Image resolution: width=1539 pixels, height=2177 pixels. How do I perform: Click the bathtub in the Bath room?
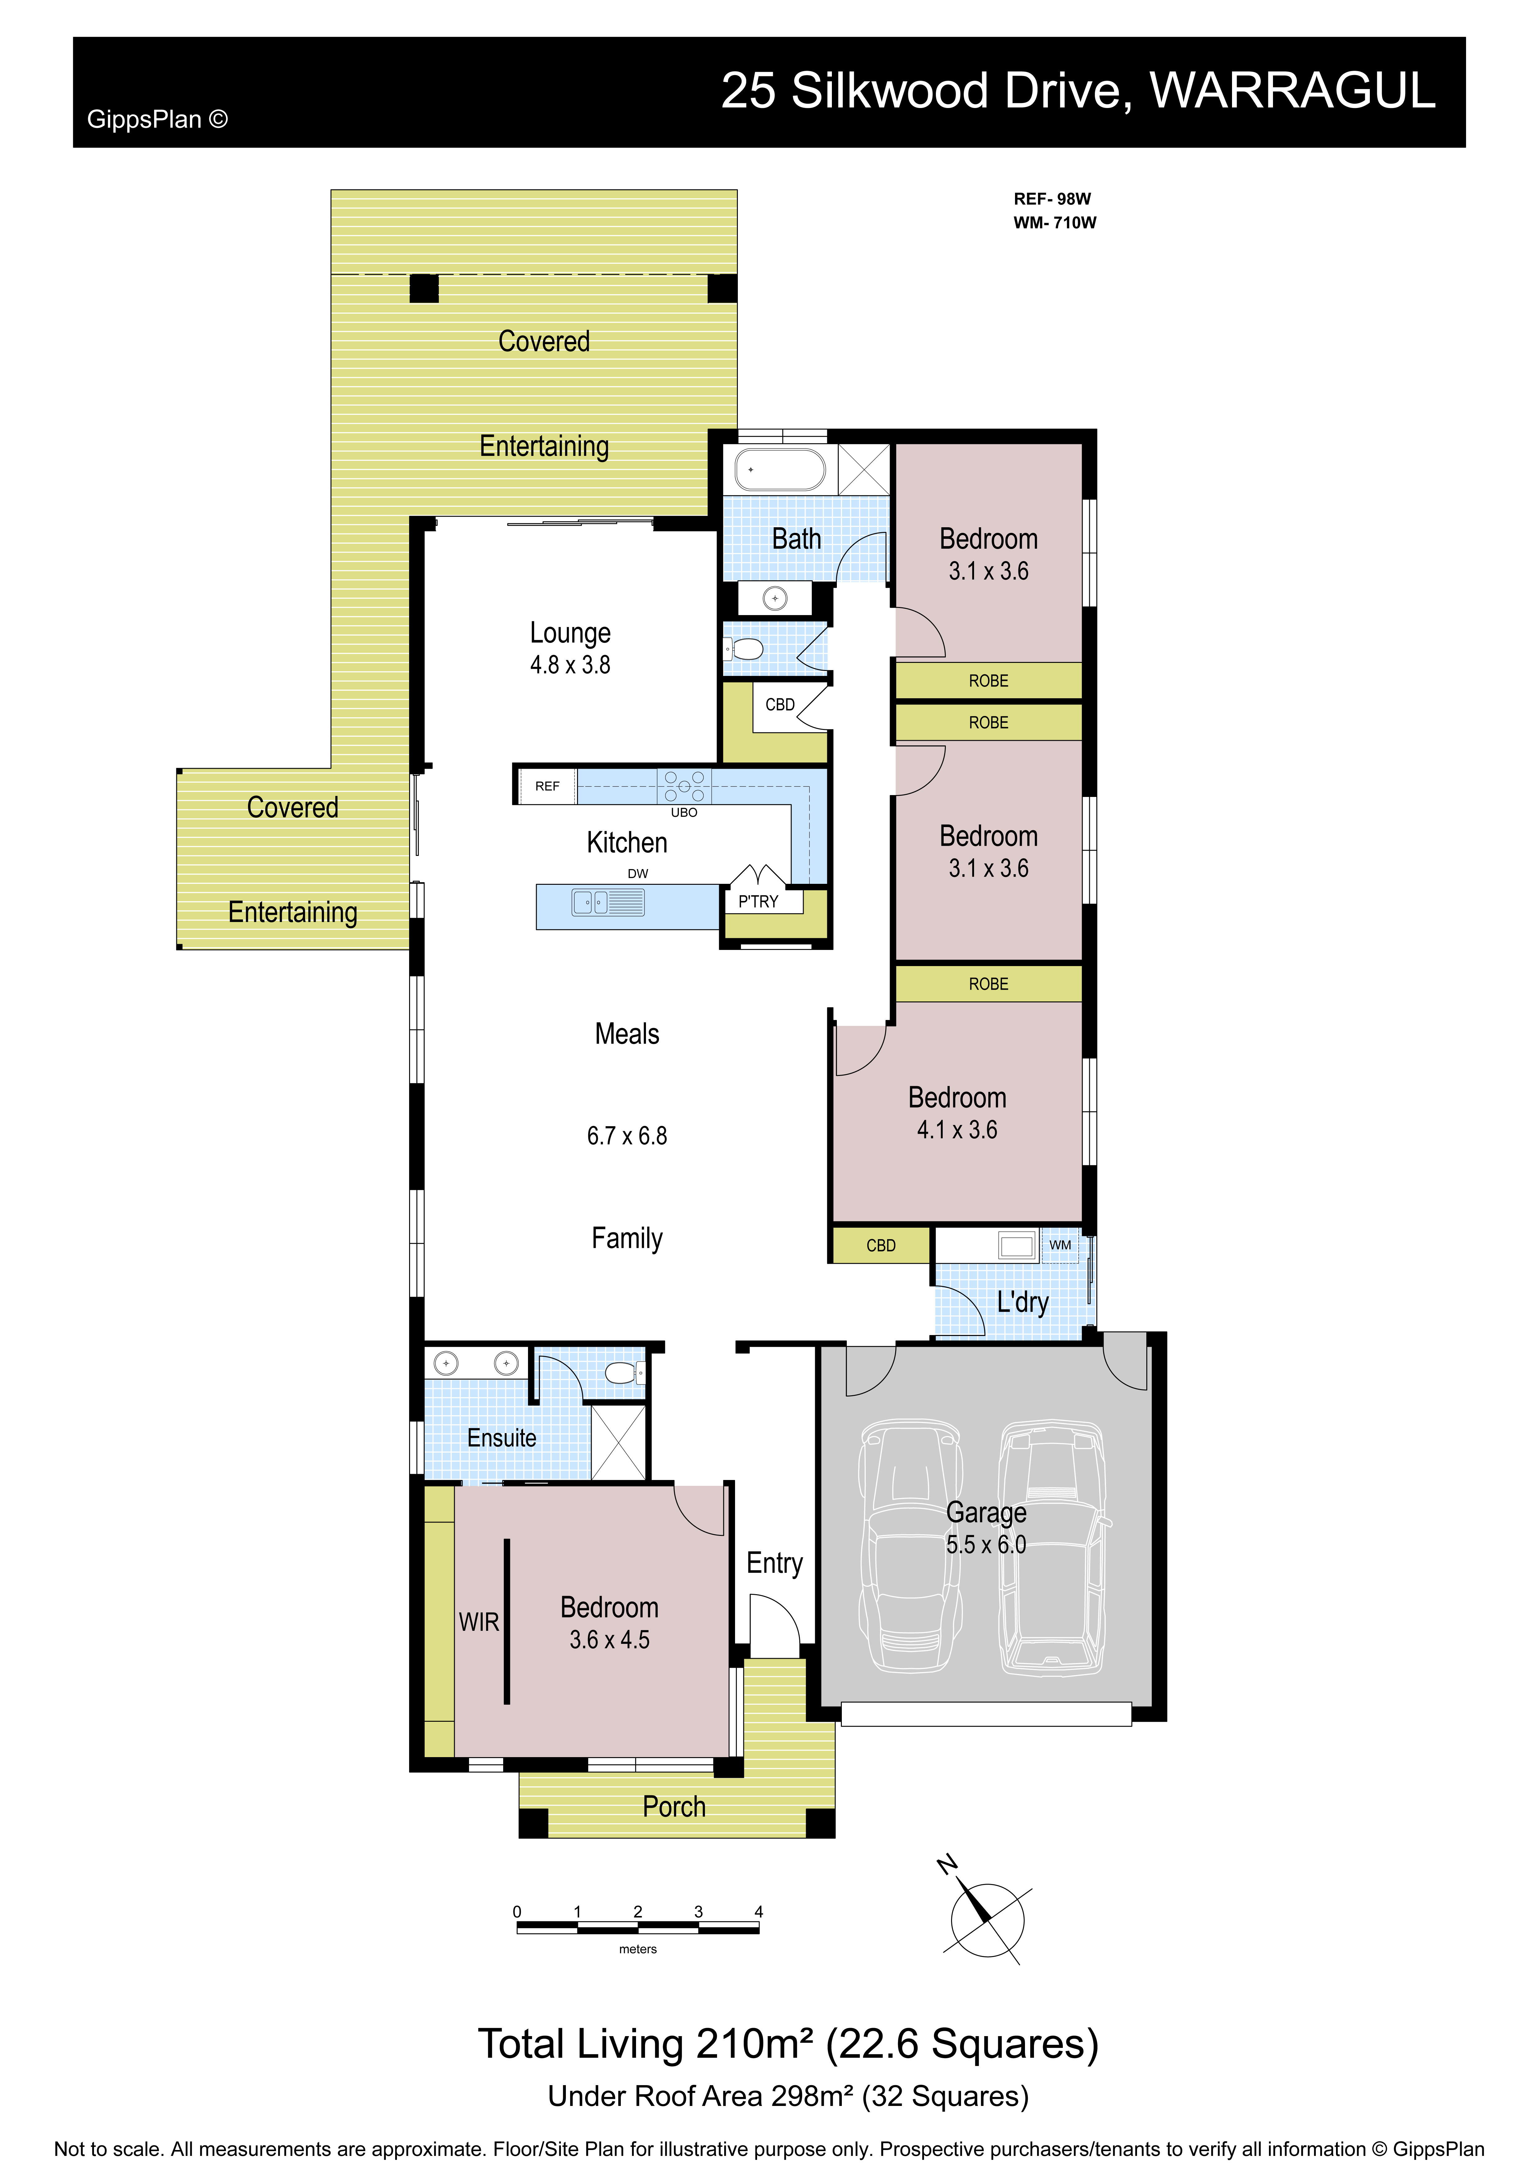pos(780,469)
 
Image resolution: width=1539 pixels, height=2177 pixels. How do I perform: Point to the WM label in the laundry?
pos(1060,1245)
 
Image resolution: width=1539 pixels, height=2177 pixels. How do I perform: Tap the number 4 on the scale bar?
pos(759,1912)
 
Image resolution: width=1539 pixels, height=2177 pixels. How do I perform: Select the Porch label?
pos(674,1806)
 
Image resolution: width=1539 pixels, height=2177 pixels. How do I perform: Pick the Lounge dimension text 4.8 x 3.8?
pos(570,665)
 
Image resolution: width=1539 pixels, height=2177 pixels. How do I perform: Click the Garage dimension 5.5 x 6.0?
pos(986,1545)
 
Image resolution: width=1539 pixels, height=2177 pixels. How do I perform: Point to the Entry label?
pos(775,1563)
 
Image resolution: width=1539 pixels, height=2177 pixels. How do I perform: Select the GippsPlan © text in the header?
pos(157,119)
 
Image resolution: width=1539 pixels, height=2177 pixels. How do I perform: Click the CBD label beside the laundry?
pos(881,1245)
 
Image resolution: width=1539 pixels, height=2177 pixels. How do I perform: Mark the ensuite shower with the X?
pos(618,1442)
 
